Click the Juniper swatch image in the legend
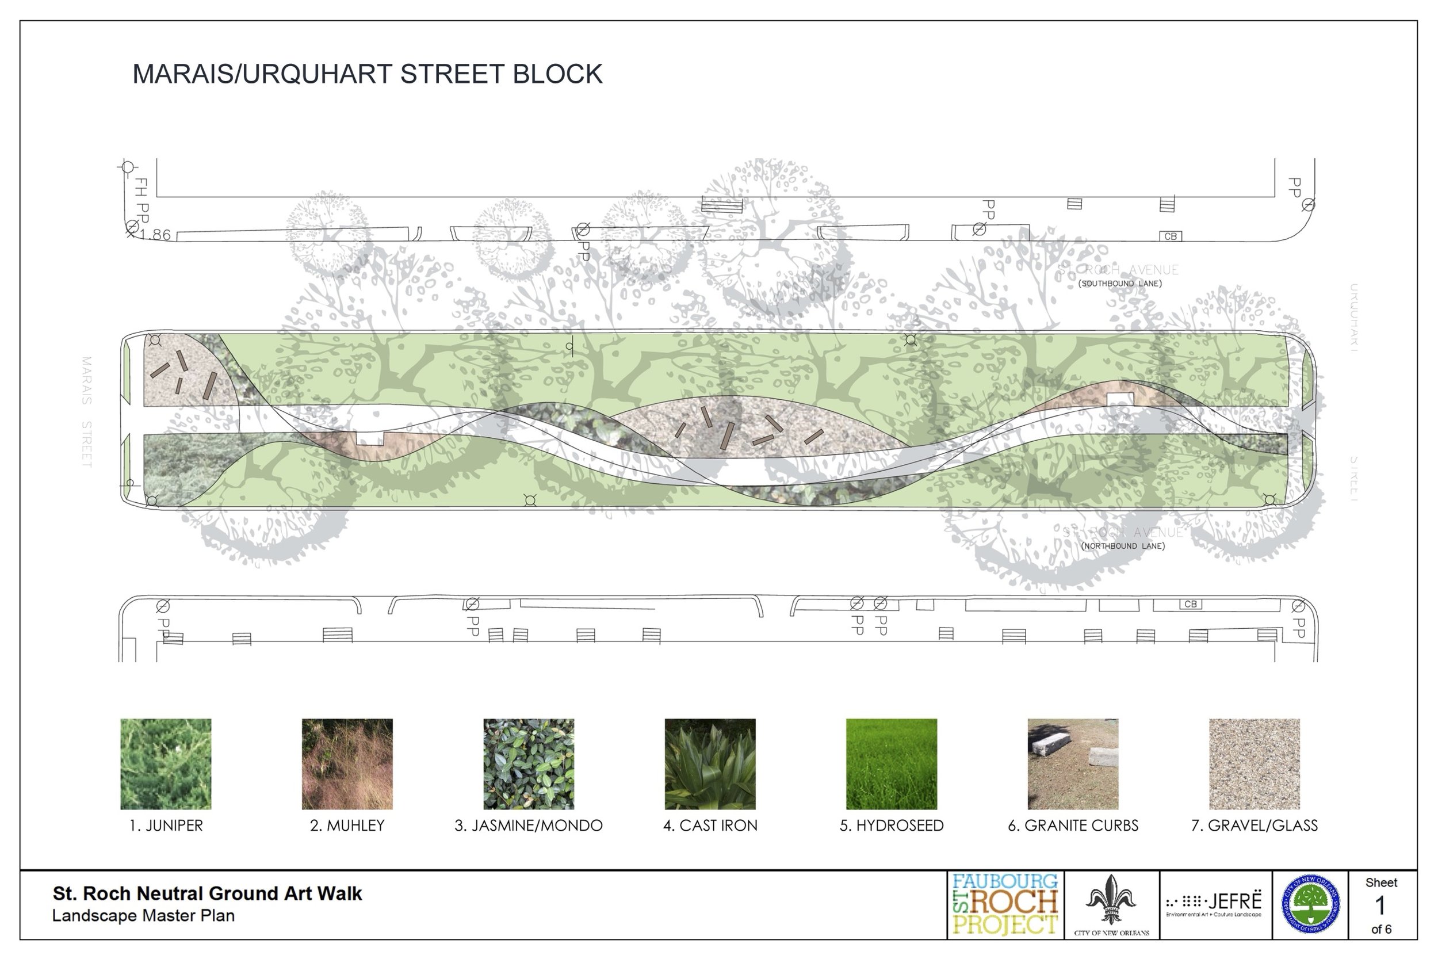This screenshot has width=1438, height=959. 166,764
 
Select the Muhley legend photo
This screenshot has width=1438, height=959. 347,764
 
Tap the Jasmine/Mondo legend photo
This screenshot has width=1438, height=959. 529,764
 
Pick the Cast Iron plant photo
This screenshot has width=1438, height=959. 710,764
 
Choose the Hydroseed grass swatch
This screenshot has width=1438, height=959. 892,764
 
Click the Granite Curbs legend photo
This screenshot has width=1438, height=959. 1073,764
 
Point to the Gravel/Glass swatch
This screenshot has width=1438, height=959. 1255,764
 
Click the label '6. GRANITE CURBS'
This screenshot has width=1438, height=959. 1073,826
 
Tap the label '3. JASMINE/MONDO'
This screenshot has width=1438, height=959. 529,826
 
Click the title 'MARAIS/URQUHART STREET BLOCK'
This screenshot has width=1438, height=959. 368,74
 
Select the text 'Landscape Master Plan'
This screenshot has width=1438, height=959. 143,916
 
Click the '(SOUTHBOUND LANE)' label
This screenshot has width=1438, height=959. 1120,284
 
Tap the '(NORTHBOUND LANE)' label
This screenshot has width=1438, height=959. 1123,546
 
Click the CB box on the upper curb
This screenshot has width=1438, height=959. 1170,236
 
